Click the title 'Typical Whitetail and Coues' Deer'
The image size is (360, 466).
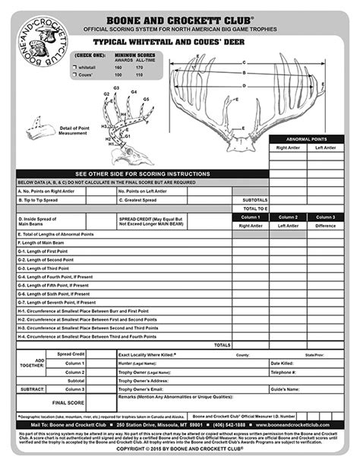(x=180, y=44)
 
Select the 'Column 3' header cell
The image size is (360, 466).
(x=326, y=217)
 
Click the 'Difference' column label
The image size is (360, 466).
(x=326, y=226)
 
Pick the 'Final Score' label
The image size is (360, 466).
(x=68, y=401)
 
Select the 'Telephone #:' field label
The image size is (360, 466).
(x=283, y=372)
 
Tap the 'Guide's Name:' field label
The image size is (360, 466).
(x=285, y=389)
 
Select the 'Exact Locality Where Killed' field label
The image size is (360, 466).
(x=147, y=354)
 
